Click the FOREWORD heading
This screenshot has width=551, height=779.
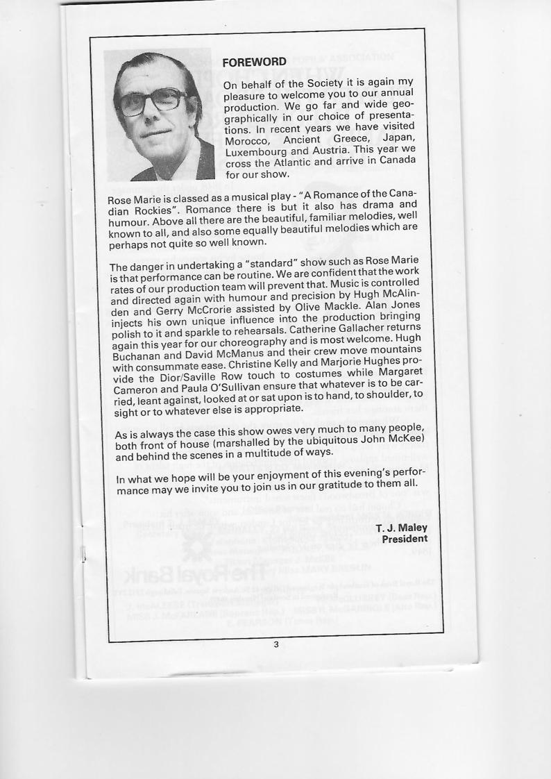[x=254, y=63]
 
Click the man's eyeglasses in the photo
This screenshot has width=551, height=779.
[x=153, y=103]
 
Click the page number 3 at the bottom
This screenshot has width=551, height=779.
[x=275, y=645]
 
